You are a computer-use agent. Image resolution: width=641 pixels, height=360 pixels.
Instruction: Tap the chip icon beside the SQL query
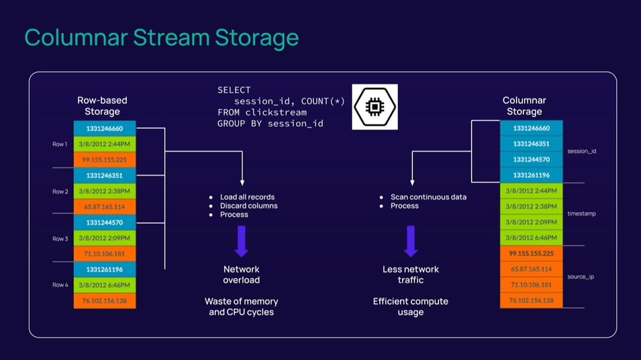[x=375, y=107]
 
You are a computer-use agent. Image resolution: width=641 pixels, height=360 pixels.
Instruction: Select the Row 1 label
[x=60, y=144]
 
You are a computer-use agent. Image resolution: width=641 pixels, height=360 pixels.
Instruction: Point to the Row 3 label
[x=60, y=238]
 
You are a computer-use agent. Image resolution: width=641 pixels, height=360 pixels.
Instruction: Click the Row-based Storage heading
[x=102, y=106]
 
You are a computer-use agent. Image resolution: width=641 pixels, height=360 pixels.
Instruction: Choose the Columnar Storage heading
[x=524, y=106]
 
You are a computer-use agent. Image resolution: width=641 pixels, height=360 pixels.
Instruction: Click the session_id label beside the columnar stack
[x=581, y=152]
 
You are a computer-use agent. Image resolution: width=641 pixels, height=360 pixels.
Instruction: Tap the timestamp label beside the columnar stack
[x=581, y=214]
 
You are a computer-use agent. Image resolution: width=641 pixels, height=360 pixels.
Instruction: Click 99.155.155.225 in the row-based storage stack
[x=105, y=160]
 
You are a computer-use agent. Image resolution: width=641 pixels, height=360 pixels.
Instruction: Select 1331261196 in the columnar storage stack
[x=531, y=175]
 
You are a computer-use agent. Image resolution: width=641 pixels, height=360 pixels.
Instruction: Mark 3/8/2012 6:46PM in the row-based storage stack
[x=105, y=285]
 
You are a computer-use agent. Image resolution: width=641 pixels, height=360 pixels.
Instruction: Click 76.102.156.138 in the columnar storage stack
[x=531, y=300]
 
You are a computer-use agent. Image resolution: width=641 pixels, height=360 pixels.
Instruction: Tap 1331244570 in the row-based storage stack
[x=105, y=222]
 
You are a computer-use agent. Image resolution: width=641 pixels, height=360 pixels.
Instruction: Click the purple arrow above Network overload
[x=241, y=241]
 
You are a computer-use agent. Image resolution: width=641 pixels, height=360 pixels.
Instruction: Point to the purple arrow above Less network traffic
[x=411, y=241]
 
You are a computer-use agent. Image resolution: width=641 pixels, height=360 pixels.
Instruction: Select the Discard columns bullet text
[x=248, y=206]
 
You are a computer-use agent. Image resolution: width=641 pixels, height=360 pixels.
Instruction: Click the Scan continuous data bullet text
[x=428, y=197]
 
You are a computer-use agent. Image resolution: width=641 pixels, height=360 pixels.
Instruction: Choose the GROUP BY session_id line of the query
[x=270, y=124]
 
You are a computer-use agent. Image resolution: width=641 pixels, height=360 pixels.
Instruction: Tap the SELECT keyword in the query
[x=234, y=90]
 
